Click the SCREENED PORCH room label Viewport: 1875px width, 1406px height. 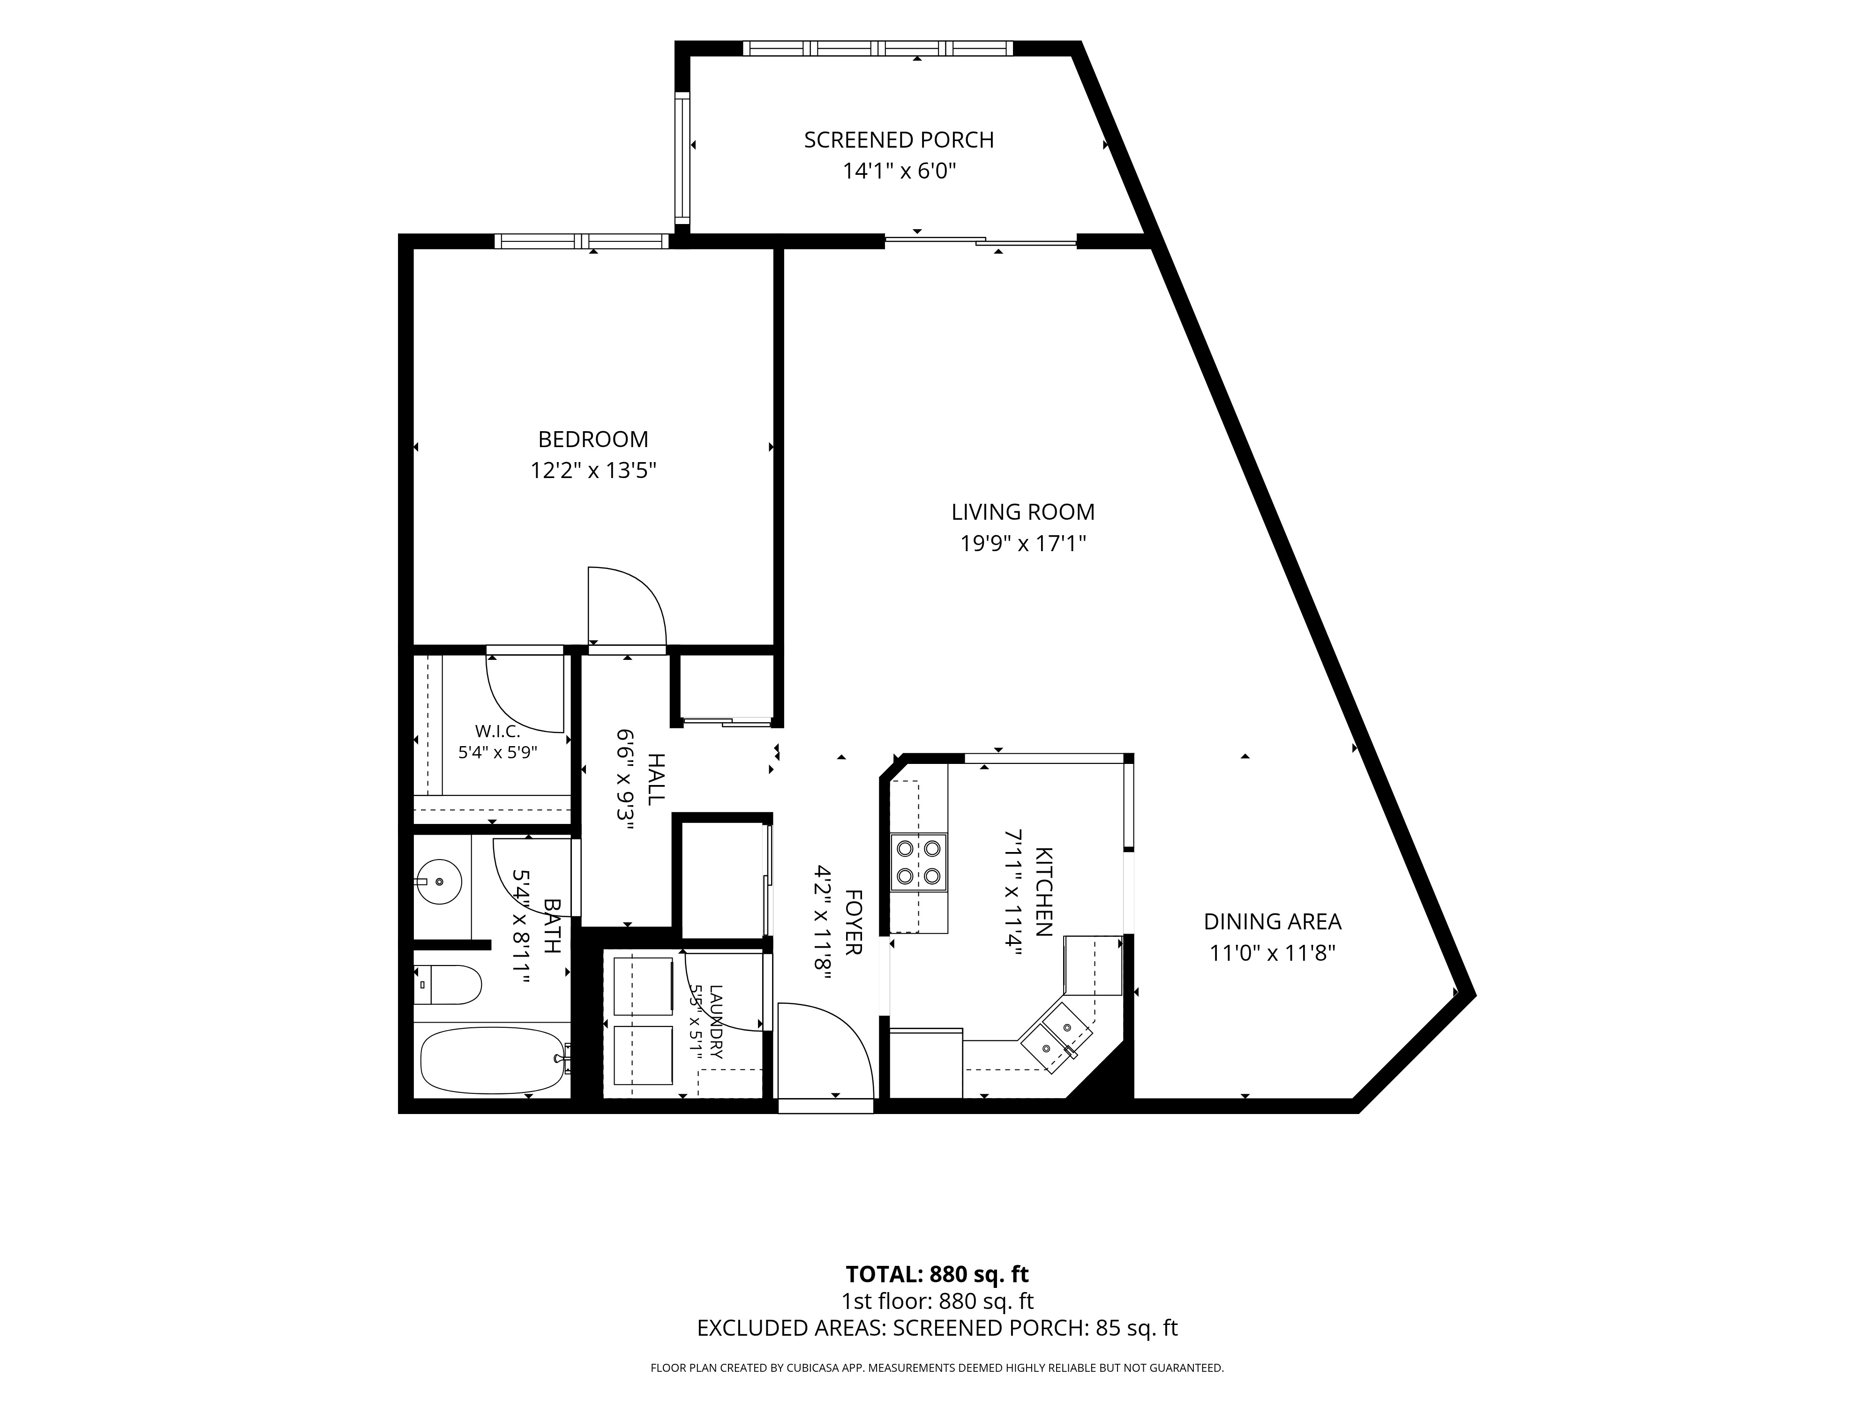coord(899,140)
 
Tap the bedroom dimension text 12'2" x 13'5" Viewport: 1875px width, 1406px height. coord(593,471)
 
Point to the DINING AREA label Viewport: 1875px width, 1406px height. coord(1272,921)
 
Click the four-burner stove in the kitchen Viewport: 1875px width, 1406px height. coord(919,862)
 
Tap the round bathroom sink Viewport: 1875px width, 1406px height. coord(440,882)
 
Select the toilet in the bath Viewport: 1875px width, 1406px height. coord(448,985)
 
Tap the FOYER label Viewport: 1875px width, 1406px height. coord(854,922)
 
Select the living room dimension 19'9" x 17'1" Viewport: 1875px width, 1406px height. coord(1023,543)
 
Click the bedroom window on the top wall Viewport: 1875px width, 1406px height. coord(582,241)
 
